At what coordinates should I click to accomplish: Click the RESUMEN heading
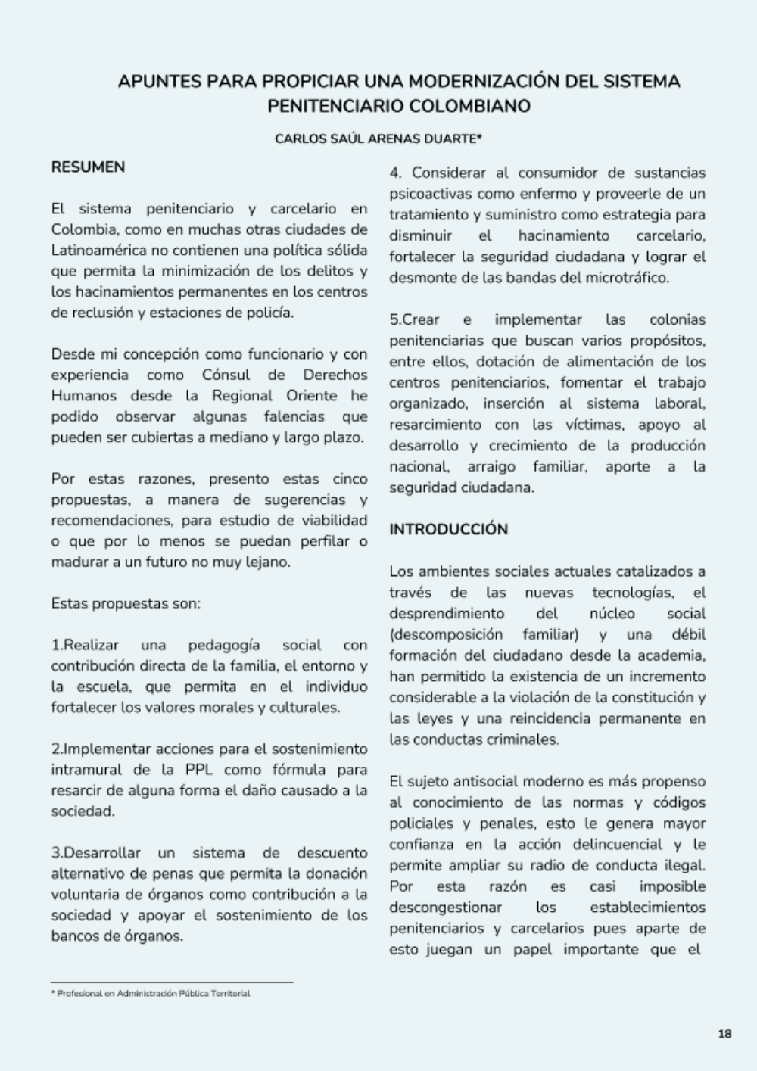88,167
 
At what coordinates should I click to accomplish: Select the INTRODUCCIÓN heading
448,529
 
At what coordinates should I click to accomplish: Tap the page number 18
724,1034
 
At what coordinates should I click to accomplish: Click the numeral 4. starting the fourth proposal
395,173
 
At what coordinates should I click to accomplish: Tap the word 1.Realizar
85,645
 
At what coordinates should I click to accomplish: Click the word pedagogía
223,645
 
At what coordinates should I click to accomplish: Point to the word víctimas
593,425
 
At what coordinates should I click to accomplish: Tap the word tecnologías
634,592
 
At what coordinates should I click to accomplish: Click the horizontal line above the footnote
172,982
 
